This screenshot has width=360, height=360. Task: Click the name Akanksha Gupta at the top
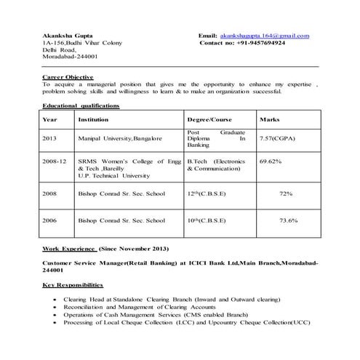64,36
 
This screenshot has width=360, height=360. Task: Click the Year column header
49,119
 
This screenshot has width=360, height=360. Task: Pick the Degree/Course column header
209,119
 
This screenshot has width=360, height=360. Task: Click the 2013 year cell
49,138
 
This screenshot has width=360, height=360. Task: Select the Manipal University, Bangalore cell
120,138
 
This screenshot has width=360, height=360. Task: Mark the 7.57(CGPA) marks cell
276,138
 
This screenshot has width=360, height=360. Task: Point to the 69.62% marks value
271,161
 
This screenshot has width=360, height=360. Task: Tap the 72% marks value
286,193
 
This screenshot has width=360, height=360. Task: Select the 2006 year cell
49,220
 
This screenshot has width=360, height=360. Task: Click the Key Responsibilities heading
73,284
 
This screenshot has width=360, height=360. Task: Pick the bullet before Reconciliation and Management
57,308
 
